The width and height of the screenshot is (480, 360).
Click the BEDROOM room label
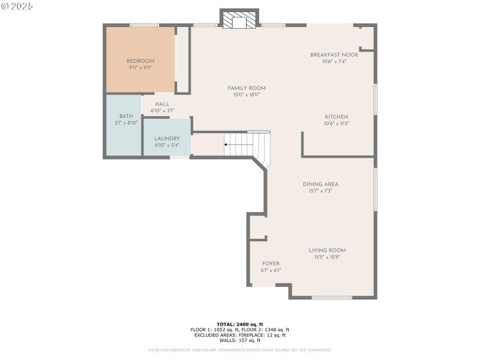point(140,61)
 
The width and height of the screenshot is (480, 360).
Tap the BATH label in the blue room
point(126,116)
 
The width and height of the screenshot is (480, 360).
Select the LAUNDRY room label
point(167,139)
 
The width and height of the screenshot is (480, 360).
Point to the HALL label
point(162,104)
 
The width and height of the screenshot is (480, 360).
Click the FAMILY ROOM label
point(246,88)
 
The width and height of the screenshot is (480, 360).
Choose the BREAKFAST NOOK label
point(334,55)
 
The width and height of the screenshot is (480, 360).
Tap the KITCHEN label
point(337,117)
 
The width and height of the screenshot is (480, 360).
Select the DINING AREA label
point(320,184)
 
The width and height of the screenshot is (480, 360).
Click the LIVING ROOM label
point(327,250)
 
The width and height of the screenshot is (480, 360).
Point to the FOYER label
point(271,263)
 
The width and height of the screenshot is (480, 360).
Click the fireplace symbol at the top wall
point(239,20)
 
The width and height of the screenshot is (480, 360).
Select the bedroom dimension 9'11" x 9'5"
point(140,68)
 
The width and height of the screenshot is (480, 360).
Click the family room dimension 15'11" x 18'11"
point(246,95)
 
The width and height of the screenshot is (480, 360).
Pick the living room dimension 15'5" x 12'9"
point(327,257)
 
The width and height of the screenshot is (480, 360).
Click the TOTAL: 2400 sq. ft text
point(239,324)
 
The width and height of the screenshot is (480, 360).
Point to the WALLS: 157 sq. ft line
point(239,340)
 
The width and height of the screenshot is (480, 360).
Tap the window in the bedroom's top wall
point(144,25)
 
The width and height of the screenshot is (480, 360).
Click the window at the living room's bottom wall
point(332,298)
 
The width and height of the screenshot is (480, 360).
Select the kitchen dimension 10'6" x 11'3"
point(337,124)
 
